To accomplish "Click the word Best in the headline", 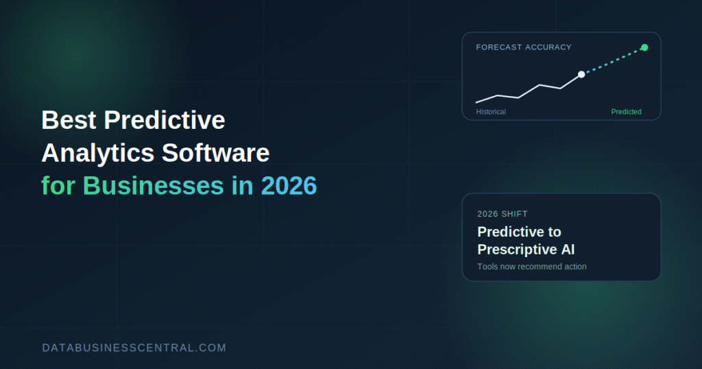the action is tap(69, 120).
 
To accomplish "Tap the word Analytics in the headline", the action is tap(98, 153).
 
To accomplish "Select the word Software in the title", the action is tap(215, 153).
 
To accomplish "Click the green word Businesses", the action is tap(153, 185).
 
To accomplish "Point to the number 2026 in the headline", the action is tap(289, 186).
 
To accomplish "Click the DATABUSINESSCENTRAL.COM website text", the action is tap(134, 348).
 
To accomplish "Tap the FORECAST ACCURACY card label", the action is tap(524, 47).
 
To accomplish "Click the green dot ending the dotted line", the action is tap(644, 47).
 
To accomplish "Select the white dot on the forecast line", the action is tap(581, 74).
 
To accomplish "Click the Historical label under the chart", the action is tap(491, 112).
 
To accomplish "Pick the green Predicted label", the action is tap(627, 112).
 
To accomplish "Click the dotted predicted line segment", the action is tap(613, 61).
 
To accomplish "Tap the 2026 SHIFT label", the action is tap(503, 214).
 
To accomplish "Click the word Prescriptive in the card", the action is tap(513, 250).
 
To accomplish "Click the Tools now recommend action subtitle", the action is tap(532, 267).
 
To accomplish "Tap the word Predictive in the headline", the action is tap(165, 120).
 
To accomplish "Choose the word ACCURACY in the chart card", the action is tap(548, 47).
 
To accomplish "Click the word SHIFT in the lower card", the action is tap(515, 214).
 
